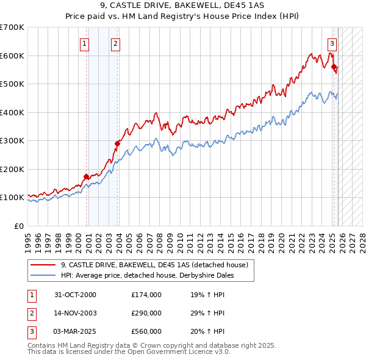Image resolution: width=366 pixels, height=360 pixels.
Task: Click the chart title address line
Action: click(183, 6)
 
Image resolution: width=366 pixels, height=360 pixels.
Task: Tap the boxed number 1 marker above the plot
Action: click(84, 43)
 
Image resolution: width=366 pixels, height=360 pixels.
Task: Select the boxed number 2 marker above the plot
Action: click(115, 43)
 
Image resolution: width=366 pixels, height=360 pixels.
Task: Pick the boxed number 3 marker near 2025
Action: click(332, 43)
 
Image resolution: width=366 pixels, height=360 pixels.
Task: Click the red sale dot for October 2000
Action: click(86, 177)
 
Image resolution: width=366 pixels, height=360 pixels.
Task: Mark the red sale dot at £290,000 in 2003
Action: click(117, 144)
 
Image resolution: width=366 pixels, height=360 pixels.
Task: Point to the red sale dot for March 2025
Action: click(334, 68)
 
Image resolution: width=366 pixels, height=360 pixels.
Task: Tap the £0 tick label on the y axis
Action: click(18, 226)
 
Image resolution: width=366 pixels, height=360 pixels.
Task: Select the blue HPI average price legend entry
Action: click(147, 275)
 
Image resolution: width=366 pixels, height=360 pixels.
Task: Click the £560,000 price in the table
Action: click(146, 331)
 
